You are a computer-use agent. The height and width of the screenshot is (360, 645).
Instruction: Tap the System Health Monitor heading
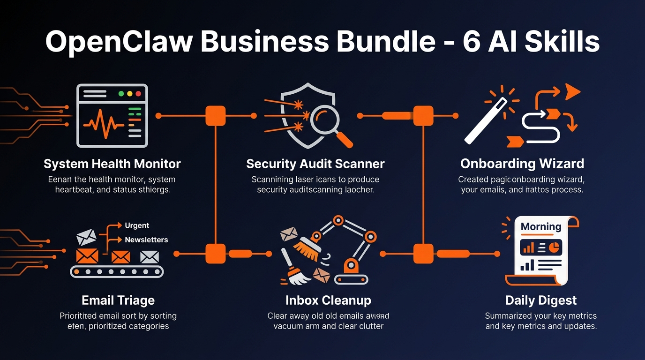pyautogui.click(x=112, y=164)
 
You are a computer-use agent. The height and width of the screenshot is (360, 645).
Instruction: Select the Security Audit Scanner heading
pyautogui.click(x=315, y=164)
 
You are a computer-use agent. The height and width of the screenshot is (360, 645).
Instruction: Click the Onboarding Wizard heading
pyautogui.click(x=522, y=164)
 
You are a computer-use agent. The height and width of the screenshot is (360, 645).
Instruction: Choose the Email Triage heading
pyautogui.click(x=118, y=300)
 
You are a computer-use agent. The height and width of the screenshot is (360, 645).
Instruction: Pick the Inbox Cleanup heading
pyautogui.click(x=328, y=300)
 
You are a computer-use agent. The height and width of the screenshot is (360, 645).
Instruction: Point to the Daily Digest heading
pyautogui.click(x=541, y=300)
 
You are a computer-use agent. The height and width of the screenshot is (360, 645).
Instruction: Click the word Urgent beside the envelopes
pyautogui.click(x=137, y=225)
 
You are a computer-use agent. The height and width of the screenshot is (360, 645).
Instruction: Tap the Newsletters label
pyautogui.click(x=146, y=240)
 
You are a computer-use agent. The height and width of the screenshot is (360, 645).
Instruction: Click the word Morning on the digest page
pyautogui.click(x=540, y=226)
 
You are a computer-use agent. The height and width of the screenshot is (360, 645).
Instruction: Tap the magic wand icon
pyautogui.click(x=486, y=121)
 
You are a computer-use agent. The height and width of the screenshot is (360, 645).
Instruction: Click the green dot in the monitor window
pyautogui.click(x=121, y=94)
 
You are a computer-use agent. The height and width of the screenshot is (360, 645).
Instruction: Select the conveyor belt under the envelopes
pyautogui.click(x=117, y=271)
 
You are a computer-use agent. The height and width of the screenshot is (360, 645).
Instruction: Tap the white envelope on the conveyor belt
pyautogui.click(x=150, y=256)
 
